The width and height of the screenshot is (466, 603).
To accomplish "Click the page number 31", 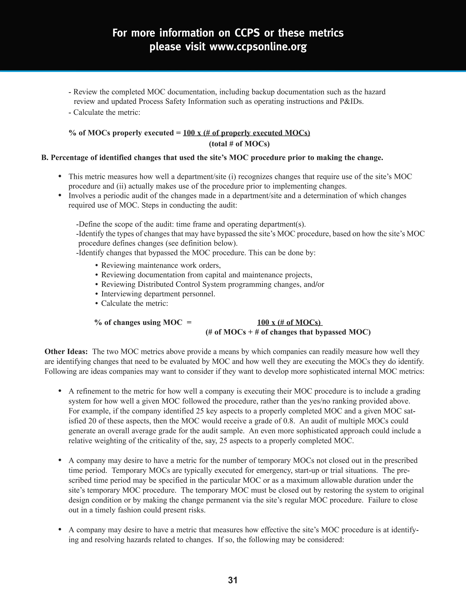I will point(233,580).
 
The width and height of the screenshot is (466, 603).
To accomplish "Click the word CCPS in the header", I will point(247,33).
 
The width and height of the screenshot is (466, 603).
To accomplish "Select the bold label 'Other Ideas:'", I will point(66,352).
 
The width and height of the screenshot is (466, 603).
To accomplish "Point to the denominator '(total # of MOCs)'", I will point(239,144).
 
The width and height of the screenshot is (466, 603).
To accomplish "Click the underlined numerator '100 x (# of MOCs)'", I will point(289,322).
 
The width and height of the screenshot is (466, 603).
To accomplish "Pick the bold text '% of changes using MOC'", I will point(138,322).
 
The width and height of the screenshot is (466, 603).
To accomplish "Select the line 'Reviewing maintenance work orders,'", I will point(161,265).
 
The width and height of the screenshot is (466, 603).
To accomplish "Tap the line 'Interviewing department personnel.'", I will point(158,294).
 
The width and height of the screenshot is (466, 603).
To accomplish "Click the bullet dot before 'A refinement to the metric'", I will point(60,391).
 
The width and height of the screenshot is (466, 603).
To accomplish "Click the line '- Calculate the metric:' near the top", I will point(104,112).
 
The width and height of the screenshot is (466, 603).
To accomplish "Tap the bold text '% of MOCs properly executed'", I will point(121,133).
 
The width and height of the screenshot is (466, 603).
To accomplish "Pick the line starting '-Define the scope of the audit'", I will point(191,224).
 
